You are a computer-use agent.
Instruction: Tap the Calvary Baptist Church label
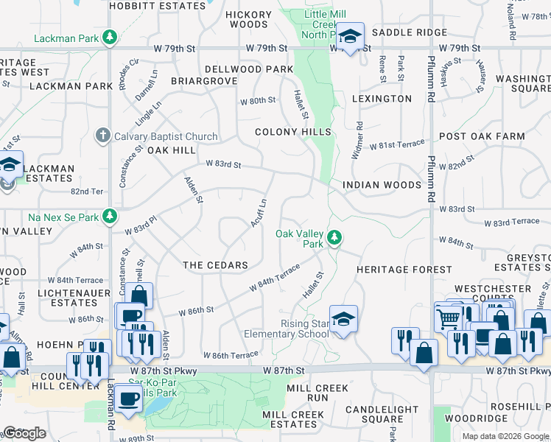click(166, 136)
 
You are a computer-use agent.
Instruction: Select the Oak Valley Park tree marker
click(334, 236)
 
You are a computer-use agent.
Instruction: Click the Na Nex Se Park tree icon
click(110, 216)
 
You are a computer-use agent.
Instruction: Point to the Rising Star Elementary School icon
click(343, 319)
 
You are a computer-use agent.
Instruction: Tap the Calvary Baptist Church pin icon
click(103, 136)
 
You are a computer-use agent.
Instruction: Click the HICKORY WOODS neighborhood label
click(248, 19)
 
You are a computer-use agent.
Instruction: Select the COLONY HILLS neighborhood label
click(293, 132)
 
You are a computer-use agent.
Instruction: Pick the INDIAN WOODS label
click(382, 185)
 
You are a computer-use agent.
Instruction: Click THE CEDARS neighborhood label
click(215, 264)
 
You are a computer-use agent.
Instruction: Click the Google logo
click(24, 433)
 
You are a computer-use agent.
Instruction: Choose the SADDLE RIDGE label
click(409, 32)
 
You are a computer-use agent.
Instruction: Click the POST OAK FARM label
click(482, 136)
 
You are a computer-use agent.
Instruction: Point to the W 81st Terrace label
click(397, 146)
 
